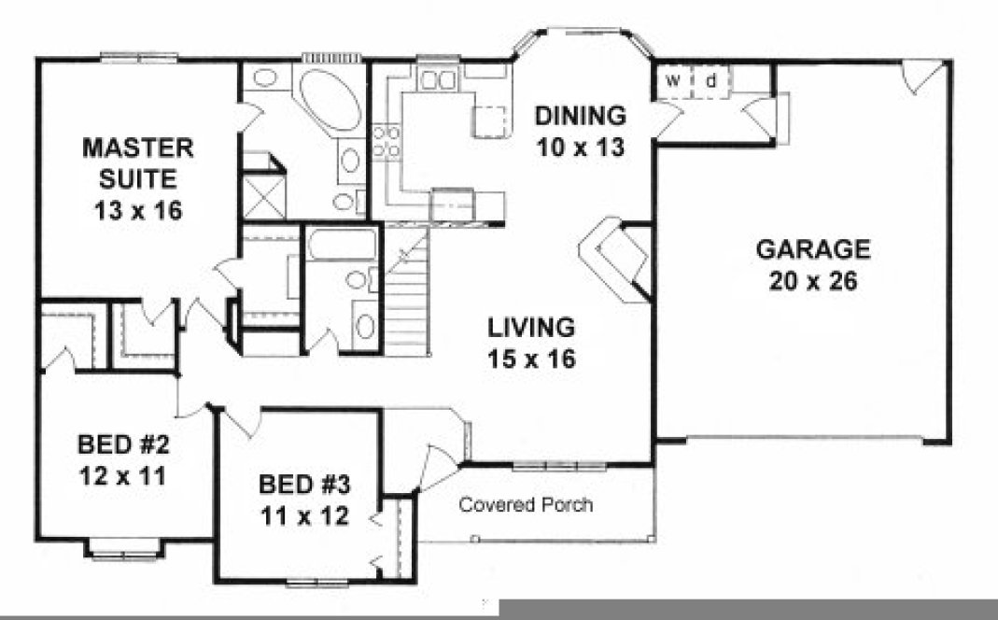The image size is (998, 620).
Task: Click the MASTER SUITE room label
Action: [137, 162]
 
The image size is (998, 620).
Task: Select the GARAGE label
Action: [812, 249]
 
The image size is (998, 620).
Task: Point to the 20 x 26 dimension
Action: [812, 281]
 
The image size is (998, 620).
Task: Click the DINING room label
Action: [579, 116]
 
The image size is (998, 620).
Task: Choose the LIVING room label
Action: [531, 327]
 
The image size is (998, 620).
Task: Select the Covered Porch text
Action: [526, 505]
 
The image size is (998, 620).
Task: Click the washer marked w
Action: [672, 81]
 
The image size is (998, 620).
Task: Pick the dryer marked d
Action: [710, 81]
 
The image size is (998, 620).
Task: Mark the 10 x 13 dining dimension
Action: [579, 147]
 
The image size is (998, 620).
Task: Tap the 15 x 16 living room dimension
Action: [531, 358]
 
